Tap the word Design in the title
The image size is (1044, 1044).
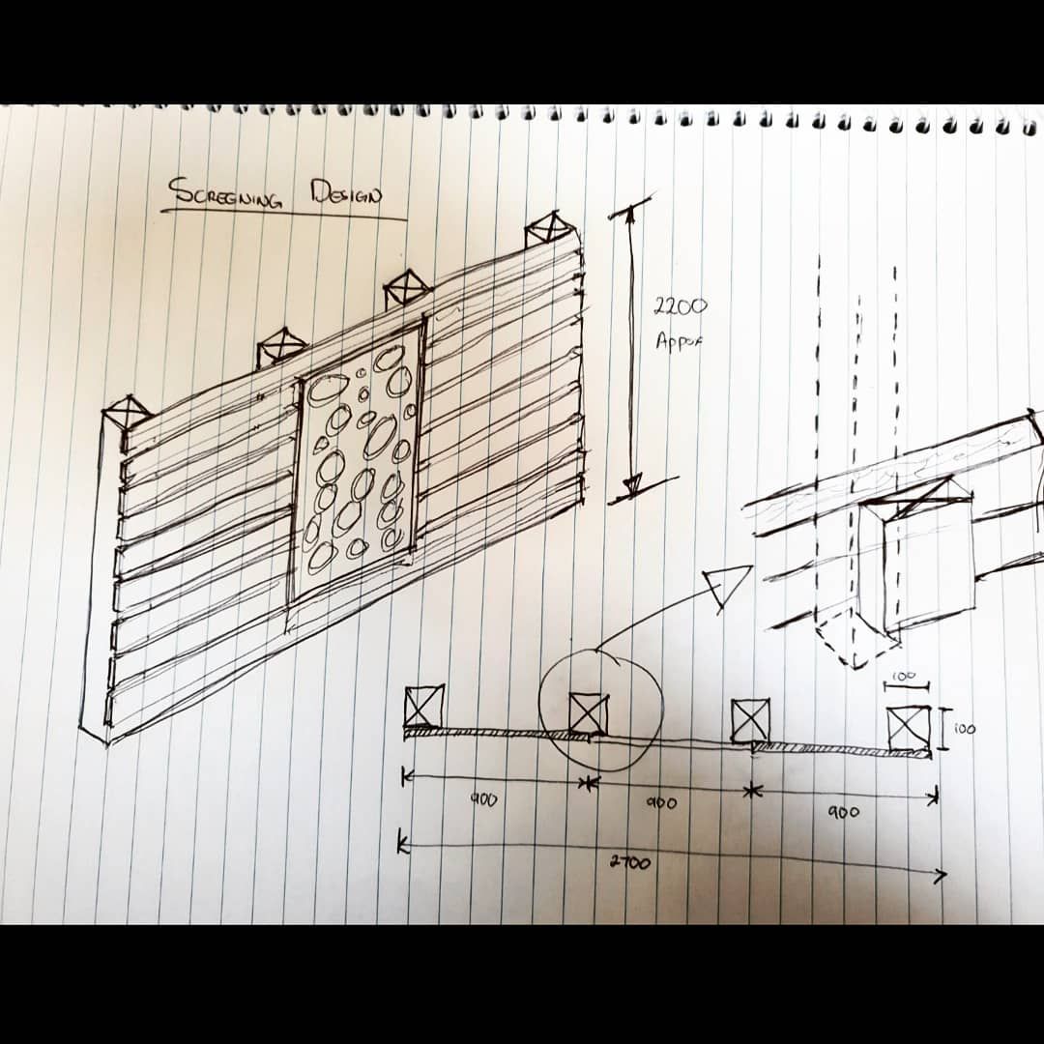pos(346,192)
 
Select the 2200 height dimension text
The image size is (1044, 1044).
pos(681,307)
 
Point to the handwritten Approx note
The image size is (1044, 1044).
pos(680,342)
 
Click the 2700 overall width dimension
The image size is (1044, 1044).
pos(629,862)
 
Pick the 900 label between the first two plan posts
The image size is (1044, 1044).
pos(484,800)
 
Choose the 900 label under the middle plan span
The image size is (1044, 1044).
pos(661,803)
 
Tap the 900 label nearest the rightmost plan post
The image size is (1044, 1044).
pos(843,812)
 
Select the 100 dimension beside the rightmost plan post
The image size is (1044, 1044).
pos(964,729)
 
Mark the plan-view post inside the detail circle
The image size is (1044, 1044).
pos(588,714)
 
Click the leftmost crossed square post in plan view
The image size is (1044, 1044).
pos(423,706)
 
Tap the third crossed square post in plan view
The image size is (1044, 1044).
pos(750,720)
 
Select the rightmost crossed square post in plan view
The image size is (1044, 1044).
pos(909,728)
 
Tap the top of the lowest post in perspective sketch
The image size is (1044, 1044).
pos(127,413)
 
